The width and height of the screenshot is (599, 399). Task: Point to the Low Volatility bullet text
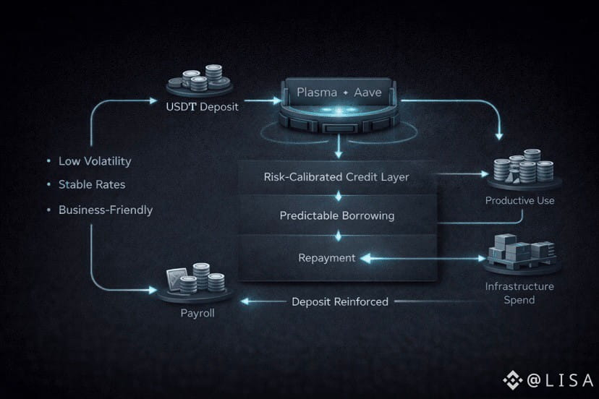tap(95, 161)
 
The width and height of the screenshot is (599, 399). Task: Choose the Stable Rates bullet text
tap(92, 184)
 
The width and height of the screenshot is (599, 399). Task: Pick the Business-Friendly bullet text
tap(106, 210)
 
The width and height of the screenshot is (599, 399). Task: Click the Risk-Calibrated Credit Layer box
tap(338, 176)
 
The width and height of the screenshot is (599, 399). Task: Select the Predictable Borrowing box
tap(338, 215)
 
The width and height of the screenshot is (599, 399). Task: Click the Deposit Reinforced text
tap(340, 301)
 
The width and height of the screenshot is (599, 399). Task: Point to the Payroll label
tap(197, 314)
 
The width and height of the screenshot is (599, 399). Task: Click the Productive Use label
tap(519, 200)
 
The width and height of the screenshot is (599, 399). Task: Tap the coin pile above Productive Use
tap(519, 169)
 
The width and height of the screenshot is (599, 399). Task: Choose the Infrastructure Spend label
tap(519, 293)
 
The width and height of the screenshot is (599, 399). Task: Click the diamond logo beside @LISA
tap(513, 379)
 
